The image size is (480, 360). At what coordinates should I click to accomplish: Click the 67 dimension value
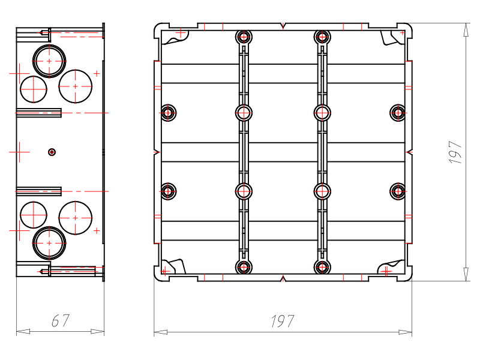61,320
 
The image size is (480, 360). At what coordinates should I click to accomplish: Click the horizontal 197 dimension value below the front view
282,321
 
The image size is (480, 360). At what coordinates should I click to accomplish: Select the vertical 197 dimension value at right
455,152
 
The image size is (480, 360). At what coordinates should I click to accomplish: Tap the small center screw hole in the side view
52,152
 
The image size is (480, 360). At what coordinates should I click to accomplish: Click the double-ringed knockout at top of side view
49,61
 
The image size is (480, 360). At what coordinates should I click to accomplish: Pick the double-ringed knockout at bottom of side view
49,243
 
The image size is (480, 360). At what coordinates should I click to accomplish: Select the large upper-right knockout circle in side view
76,86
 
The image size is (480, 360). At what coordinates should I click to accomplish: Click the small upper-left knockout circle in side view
34,89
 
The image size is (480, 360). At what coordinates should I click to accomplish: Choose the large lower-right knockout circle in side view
76,218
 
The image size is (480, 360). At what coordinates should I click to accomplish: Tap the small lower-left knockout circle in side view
34,215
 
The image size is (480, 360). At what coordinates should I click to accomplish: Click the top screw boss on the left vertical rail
244,37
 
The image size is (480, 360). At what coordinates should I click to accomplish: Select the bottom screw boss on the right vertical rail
322,267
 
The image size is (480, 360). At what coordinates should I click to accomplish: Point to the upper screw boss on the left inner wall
168,113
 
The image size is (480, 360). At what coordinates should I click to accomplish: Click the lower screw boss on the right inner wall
398,191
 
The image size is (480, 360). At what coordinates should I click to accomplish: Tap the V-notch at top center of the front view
283,26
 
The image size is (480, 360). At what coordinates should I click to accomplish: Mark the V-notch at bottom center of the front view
283,278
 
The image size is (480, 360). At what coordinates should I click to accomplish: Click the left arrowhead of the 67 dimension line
23,332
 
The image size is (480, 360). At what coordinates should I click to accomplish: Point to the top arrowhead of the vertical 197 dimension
466,30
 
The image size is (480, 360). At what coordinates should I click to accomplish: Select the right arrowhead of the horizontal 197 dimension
406,332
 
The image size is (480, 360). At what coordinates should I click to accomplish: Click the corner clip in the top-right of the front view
392,38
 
